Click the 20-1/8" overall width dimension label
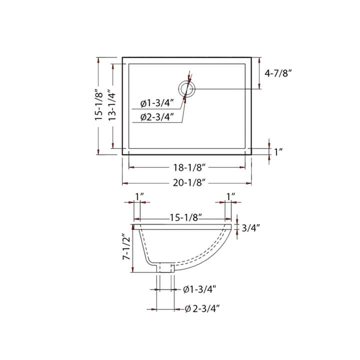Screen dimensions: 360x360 click(x=187, y=183)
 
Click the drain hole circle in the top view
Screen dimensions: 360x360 click(x=188, y=89)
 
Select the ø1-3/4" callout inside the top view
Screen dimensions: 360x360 click(x=157, y=103)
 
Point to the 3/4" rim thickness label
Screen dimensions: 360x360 click(x=251, y=228)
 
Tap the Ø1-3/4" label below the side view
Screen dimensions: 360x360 click(x=199, y=289)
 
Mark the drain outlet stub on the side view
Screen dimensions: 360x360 click(x=165, y=267)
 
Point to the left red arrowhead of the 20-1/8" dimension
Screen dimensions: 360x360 click(x=125, y=183)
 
